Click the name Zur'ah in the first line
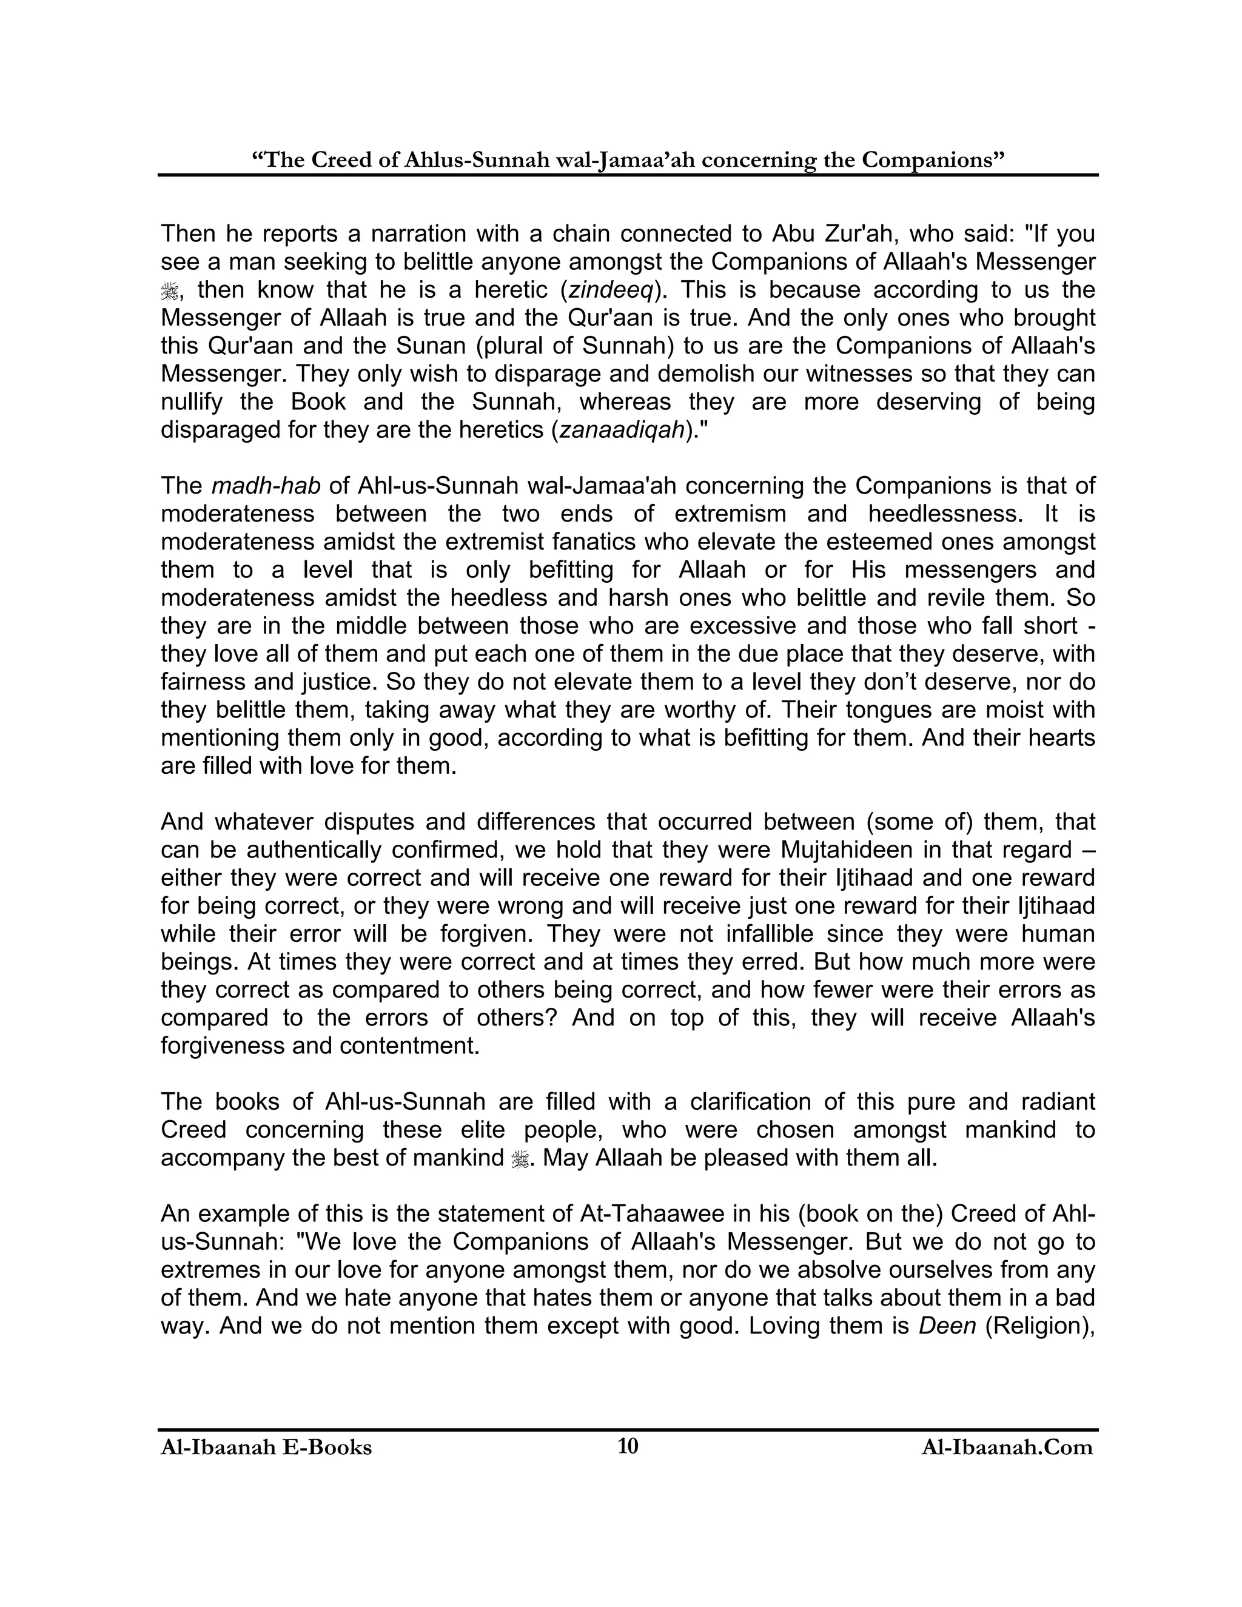(x=868, y=234)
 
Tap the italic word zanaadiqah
(x=622, y=430)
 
